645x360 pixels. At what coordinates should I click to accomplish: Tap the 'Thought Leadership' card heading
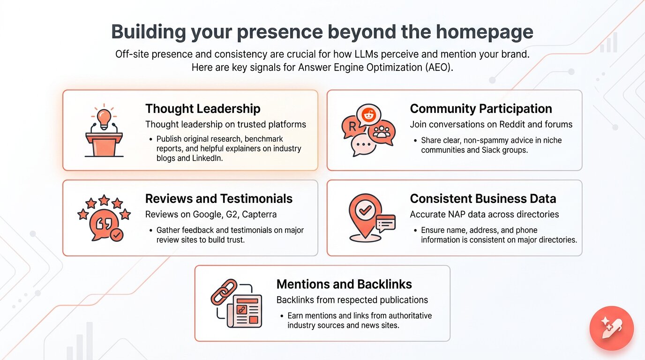point(202,109)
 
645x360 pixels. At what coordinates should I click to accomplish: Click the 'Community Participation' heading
point(481,109)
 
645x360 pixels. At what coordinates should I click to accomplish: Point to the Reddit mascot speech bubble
point(368,115)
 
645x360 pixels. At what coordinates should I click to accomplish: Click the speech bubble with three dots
point(363,144)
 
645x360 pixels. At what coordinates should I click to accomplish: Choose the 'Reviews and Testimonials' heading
point(219,198)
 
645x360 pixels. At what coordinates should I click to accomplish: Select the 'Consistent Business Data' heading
point(483,198)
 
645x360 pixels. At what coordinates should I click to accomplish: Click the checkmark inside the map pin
point(365,210)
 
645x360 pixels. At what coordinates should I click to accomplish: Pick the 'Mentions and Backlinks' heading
point(344,284)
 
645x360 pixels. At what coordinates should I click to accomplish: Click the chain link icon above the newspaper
point(224,292)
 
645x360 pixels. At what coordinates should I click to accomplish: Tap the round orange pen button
point(611,328)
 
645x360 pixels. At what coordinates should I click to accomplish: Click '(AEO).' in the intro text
point(439,67)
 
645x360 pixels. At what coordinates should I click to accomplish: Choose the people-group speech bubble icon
point(382,132)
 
